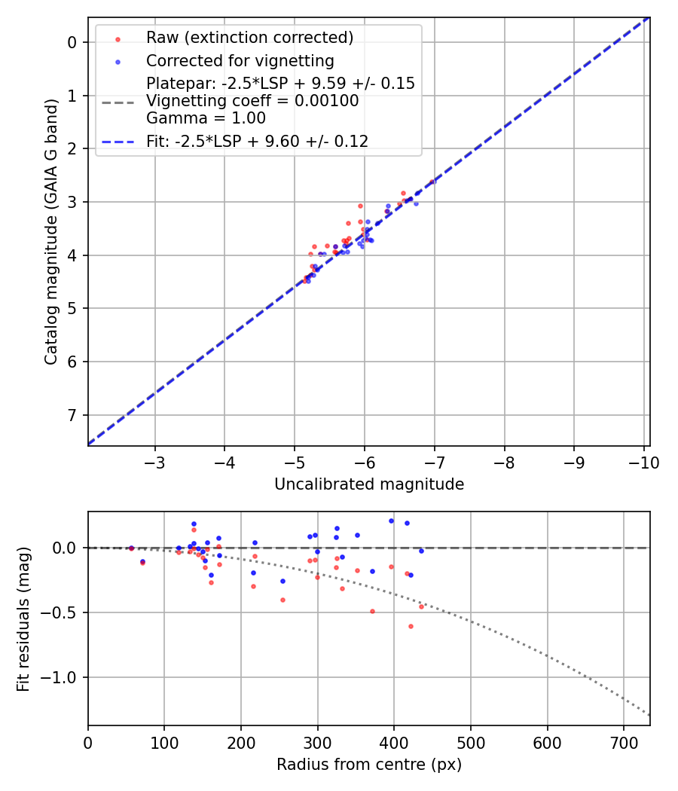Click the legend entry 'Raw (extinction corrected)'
pyautogui.click(x=249, y=38)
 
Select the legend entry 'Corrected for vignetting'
pyautogui.click(x=240, y=60)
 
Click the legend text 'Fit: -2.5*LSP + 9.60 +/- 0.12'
pyautogui.click(x=257, y=141)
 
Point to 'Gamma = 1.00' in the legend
pyautogui.click(x=206, y=118)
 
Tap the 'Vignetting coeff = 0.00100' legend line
pyautogui.click(x=252, y=101)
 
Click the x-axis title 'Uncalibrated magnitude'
pyautogui.click(x=368, y=484)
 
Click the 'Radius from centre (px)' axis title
pyautogui.click(x=368, y=765)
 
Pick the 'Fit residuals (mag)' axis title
pyautogui.click(x=23, y=618)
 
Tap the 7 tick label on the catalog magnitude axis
pyautogui.click(x=73, y=415)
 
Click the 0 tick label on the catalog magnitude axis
pyautogui.click(x=73, y=42)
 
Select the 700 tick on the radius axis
pyautogui.click(x=623, y=743)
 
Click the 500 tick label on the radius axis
pyautogui.click(x=470, y=743)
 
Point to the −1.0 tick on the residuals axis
pyautogui.click(x=62, y=677)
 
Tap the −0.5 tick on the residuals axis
pyautogui.click(x=62, y=612)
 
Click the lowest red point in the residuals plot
pyautogui.click(x=411, y=626)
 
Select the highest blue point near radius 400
pyautogui.click(x=391, y=521)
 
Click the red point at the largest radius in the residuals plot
pyautogui.click(x=421, y=606)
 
